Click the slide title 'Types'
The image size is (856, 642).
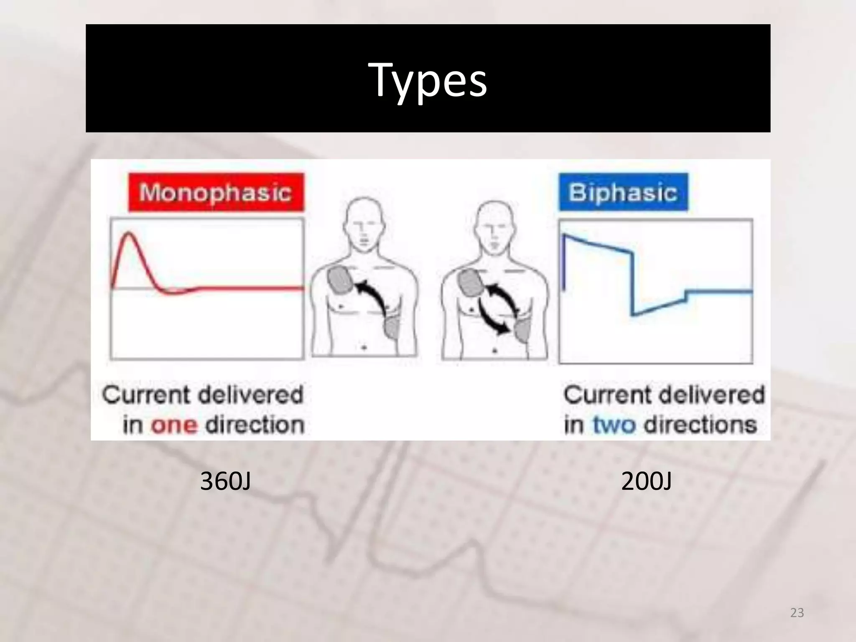point(428,80)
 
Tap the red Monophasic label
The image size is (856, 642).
point(216,192)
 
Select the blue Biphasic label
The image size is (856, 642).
point(623,192)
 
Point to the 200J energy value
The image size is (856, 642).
point(646,481)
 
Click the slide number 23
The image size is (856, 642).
point(797,613)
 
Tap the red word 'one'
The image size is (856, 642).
point(174,425)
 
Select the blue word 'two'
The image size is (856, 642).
point(614,425)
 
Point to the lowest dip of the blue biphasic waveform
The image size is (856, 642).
point(633,314)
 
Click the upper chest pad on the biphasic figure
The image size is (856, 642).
point(471,283)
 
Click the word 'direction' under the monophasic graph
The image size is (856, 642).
point(255,425)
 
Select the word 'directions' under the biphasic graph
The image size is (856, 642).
point(701,425)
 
